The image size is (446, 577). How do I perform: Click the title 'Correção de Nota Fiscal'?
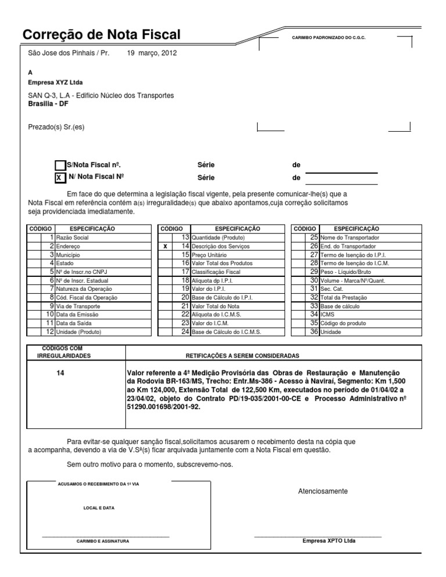(x=101, y=35)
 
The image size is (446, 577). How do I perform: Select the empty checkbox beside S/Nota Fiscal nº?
(x=60, y=165)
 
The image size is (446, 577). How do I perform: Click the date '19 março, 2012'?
(x=152, y=53)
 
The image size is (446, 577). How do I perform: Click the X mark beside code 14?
(x=166, y=247)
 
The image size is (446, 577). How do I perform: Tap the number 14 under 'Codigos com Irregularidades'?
(x=60, y=372)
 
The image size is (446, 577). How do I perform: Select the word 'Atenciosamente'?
(x=322, y=491)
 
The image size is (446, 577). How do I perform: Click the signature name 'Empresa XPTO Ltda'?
(x=329, y=540)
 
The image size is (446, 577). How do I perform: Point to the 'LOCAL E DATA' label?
(x=99, y=507)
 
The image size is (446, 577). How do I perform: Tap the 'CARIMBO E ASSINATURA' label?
(x=103, y=541)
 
